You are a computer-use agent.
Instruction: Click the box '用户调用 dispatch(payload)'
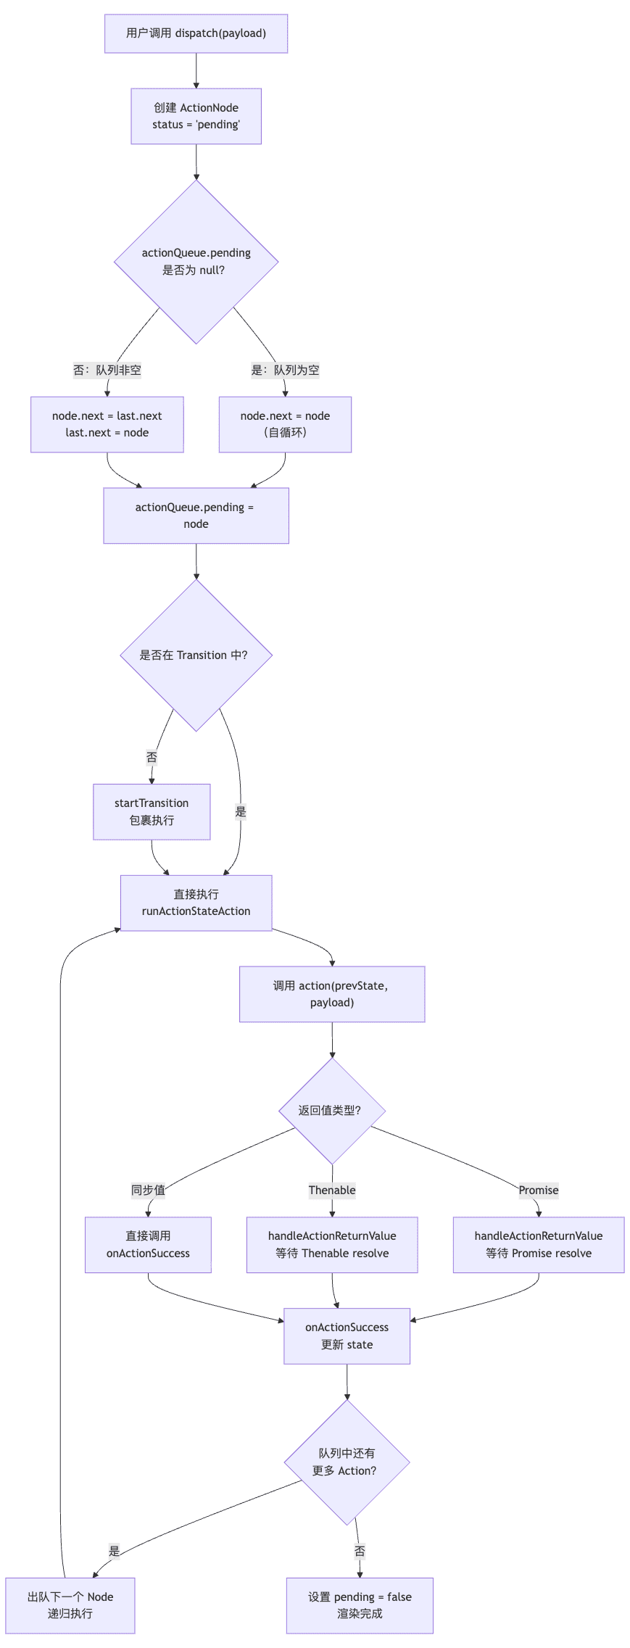tap(196, 33)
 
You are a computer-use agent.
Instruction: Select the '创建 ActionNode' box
tap(196, 116)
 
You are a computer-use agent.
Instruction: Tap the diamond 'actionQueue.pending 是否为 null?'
tap(196, 262)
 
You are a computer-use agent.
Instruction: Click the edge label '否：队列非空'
tap(107, 370)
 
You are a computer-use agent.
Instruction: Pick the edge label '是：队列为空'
tap(285, 370)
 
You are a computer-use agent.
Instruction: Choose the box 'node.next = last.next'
tap(107, 424)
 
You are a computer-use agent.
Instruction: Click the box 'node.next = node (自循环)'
tap(285, 424)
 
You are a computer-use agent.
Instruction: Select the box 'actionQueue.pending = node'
tap(196, 515)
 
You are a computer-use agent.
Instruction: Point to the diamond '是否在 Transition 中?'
tap(196, 655)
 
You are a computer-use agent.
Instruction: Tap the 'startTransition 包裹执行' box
tap(152, 812)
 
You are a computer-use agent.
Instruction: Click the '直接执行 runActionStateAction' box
tap(196, 903)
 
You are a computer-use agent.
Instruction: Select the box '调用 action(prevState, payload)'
tap(332, 994)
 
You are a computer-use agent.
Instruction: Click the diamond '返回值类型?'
tap(332, 1111)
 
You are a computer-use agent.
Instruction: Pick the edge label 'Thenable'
tap(332, 1191)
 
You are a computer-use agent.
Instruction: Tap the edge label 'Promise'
tap(539, 1191)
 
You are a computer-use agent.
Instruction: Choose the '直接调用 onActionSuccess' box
tap(148, 1245)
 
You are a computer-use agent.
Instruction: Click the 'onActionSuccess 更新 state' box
tap(347, 1336)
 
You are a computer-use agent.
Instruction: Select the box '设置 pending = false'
tap(360, 1605)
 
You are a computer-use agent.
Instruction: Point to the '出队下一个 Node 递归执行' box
tap(70, 1605)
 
